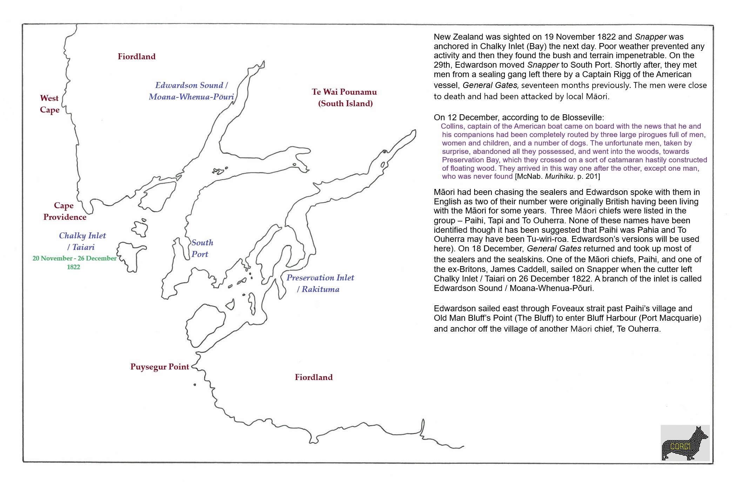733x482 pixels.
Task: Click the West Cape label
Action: coord(49,104)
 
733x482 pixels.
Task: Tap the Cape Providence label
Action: coord(65,211)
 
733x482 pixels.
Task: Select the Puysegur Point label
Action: coord(160,367)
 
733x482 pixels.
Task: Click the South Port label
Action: coord(202,248)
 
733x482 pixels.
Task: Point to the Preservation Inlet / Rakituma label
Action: coord(320,283)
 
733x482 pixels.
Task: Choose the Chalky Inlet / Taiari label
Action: coord(82,241)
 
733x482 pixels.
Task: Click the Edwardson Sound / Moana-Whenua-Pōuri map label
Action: coord(191,91)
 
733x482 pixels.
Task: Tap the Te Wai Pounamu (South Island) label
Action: coord(344,97)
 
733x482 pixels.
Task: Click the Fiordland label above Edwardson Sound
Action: coord(136,56)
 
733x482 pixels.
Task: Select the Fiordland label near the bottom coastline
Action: coord(314,377)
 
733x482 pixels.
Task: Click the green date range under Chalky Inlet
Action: coord(74,262)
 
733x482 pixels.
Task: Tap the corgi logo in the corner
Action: coord(685,443)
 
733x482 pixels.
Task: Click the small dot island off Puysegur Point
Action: coord(195,385)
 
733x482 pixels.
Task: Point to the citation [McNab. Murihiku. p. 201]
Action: coord(557,176)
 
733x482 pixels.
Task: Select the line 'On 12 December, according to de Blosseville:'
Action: coord(519,117)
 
